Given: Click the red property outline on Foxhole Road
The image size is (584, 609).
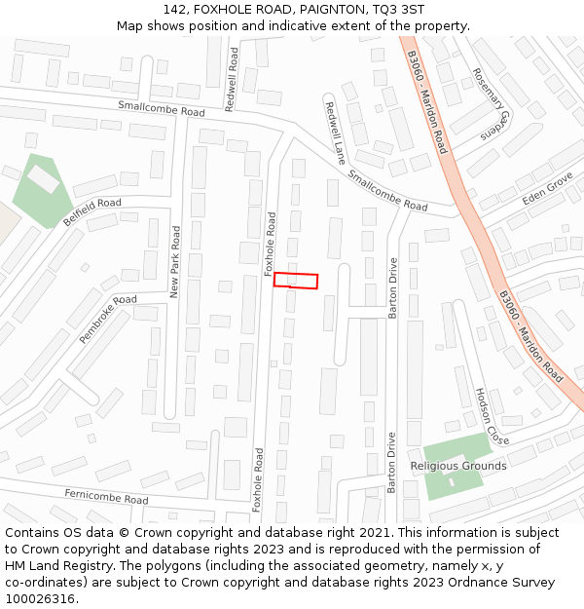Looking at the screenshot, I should [296, 281].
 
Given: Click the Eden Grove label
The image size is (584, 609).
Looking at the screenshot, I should [548, 188].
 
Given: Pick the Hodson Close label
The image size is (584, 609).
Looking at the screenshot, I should [486, 415].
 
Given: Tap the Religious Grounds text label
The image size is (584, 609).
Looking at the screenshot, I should [458, 466].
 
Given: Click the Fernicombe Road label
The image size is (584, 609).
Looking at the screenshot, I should [106, 496].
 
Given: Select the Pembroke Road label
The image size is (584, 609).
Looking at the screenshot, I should [108, 319].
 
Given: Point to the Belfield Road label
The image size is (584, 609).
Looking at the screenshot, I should [92, 211].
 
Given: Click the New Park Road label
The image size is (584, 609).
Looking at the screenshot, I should [175, 261].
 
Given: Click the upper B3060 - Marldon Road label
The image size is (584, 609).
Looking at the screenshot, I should [427, 102].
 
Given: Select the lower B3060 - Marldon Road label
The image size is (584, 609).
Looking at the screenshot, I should [531, 336].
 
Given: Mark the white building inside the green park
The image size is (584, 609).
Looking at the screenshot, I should [43, 178].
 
